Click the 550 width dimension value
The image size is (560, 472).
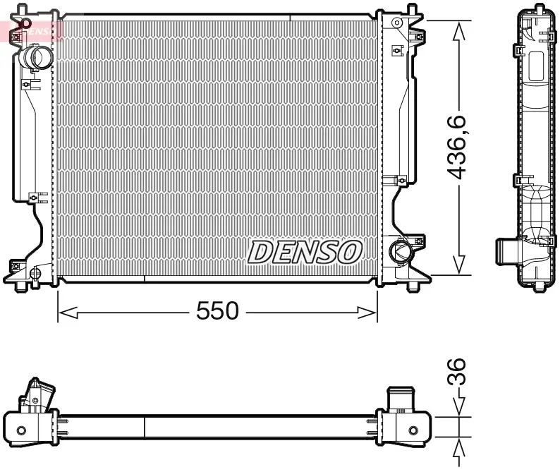tap(217, 310)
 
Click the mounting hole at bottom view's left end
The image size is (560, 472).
tap(21, 430)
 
